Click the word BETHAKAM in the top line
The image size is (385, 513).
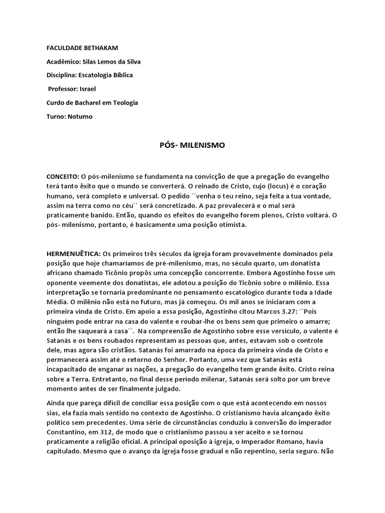click(x=100, y=48)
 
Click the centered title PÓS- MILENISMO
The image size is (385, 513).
click(x=192, y=145)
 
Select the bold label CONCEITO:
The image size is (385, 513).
click(x=63, y=177)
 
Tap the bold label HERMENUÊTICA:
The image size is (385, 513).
click(x=73, y=254)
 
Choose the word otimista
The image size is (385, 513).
click(x=231, y=225)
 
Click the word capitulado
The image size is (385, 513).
click(x=65, y=451)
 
